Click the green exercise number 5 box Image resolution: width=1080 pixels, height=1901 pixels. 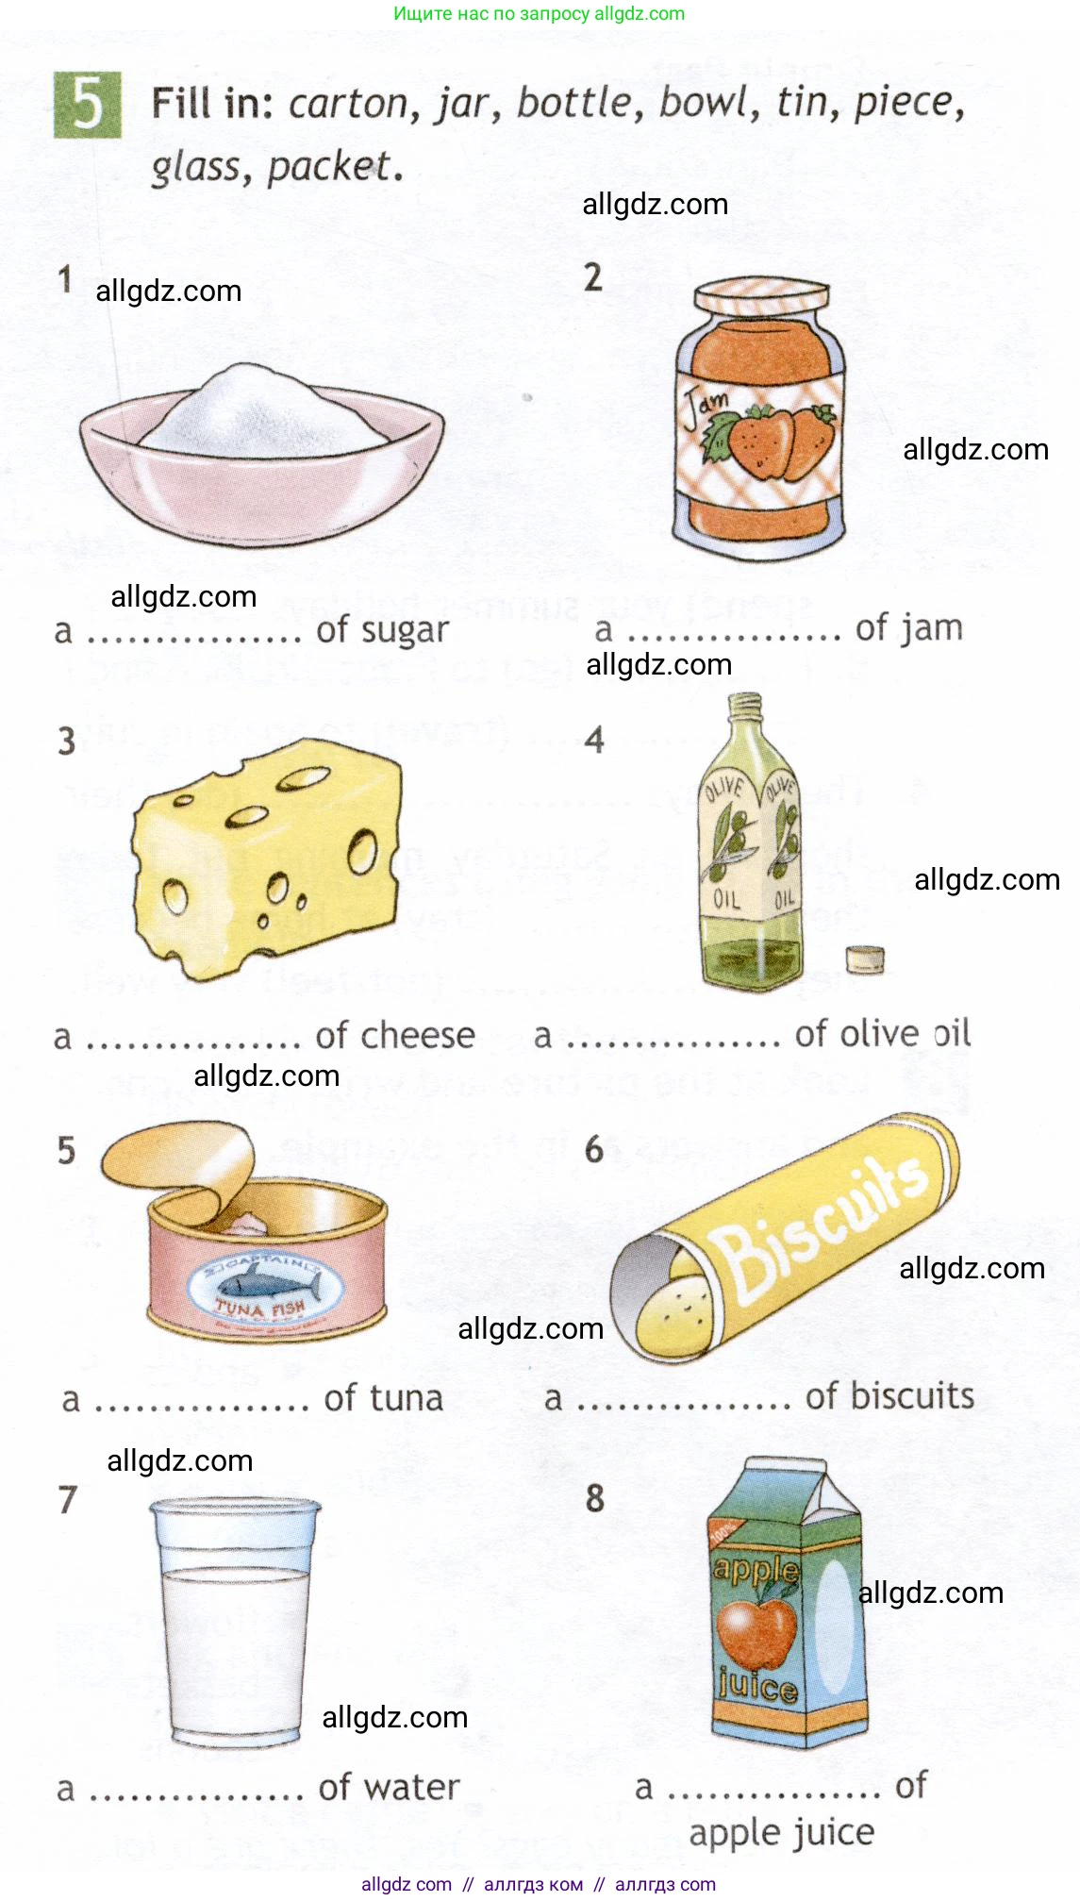tap(87, 105)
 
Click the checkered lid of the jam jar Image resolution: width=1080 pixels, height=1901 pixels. tap(762, 295)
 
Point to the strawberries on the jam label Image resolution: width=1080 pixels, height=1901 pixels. tap(776, 441)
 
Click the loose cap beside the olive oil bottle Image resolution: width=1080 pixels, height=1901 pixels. tap(865, 959)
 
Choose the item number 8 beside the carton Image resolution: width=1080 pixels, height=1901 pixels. tap(595, 1497)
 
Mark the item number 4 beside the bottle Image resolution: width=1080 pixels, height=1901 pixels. tap(594, 740)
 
